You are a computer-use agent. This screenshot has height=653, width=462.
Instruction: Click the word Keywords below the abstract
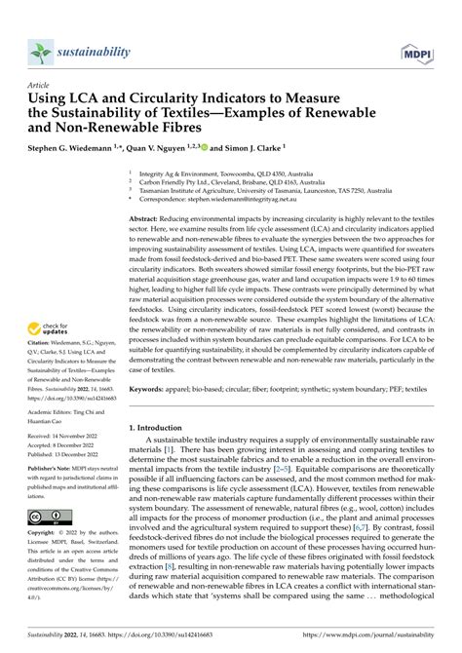coord(147,389)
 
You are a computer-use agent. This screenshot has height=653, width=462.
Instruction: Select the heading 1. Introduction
coord(162,428)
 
